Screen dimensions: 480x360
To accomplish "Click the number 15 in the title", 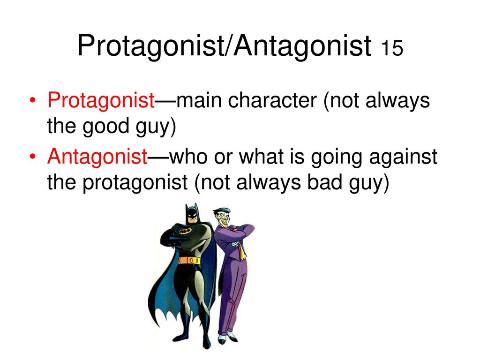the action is click(392, 48).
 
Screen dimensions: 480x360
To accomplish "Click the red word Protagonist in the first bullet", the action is click(101, 100).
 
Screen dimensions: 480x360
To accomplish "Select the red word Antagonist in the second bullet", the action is click(97, 157).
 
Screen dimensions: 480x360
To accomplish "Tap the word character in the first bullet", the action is click(272, 100).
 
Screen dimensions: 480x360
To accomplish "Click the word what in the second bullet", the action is click(261, 157).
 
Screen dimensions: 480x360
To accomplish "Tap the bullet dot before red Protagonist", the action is click(33, 101).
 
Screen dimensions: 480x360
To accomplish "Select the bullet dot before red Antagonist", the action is click(33, 157).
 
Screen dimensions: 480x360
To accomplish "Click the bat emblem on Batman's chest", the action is click(186, 231).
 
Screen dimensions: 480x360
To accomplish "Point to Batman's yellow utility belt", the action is click(190, 261).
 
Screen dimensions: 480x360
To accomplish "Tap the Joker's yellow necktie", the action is click(241, 249).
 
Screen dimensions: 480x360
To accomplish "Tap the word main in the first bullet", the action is click(199, 100).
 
